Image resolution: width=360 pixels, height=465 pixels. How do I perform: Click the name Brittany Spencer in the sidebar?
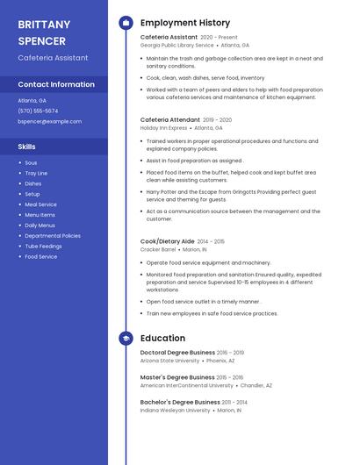[x=43, y=32]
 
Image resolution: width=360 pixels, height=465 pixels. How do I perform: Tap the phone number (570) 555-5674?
[x=38, y=111]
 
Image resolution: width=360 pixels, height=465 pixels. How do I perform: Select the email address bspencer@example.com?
[x=44, y=121]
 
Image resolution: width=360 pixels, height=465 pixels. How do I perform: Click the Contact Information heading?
[x=56, y=84]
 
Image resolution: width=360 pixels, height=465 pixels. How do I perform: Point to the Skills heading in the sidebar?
[x=27, y=147]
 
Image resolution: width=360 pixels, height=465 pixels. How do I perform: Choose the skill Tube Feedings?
[x=43, y=246]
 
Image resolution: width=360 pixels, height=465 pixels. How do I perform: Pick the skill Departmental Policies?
[x=53, y=235]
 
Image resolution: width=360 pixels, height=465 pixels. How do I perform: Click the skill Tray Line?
[x=36, y=173]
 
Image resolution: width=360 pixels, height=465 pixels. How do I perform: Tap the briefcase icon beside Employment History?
[x=126, y=23]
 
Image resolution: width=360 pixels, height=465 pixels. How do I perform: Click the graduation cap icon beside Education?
[x=126, y=338]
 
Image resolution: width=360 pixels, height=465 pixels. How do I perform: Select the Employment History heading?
[x=185, y=23]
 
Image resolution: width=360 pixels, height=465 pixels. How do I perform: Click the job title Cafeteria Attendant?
[x=169, y=119]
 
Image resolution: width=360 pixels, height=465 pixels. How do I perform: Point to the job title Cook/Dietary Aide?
[x=167, y=240]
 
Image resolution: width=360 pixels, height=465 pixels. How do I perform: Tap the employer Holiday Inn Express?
[x=163, y=127]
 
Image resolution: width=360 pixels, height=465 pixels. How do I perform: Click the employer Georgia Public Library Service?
[x=176, y=45]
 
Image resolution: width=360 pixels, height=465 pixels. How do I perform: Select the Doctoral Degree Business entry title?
[x=177, y=353]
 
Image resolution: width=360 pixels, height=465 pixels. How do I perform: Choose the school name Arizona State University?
[x=169, y=361]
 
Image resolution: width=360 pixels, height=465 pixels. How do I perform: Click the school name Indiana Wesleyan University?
[x=175, y=410]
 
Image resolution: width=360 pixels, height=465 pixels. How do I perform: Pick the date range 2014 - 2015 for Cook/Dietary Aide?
[x=211, y=241]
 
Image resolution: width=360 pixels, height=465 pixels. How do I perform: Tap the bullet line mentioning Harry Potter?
[x=231, y=195]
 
